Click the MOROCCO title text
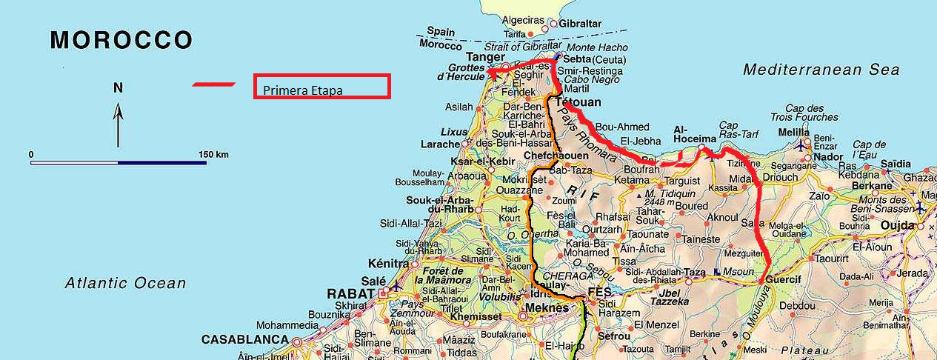[x=121, y=40]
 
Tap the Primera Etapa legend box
[x=321, y=87]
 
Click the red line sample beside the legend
[x=213, y=84]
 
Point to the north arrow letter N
[x=118, y=87]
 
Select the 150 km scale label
[x=213, y=154]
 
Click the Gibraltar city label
[x=581, y=24]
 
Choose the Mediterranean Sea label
[x=821, y=70]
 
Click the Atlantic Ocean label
[x=125, y=282]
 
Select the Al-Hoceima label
[x=694, y=138]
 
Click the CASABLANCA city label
[x=244, y=339]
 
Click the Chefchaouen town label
[x=550, y=156]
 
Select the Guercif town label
[x=787, y=283]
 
